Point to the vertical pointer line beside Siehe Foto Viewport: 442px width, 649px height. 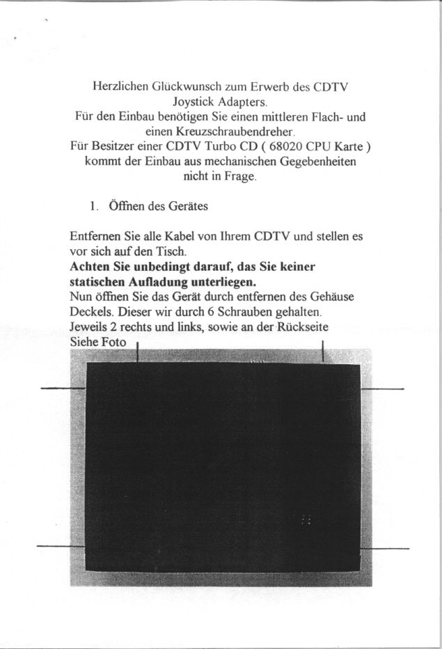coord(138,352)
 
